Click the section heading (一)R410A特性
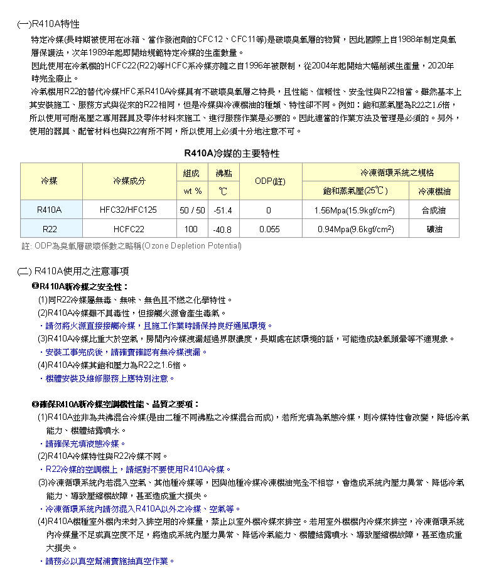click(48, 24)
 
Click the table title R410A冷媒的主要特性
click(232, 153)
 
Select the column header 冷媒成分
click(129, 181)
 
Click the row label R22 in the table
click(49, 229)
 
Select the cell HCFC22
click(129, 229)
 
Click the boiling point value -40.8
click(223, 230)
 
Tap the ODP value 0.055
click(269, 229)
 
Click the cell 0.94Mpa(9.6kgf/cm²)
click(355, 229)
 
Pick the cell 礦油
click(434, 229)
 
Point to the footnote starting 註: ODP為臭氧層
click(131, 245)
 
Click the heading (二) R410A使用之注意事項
click(73, 271)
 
